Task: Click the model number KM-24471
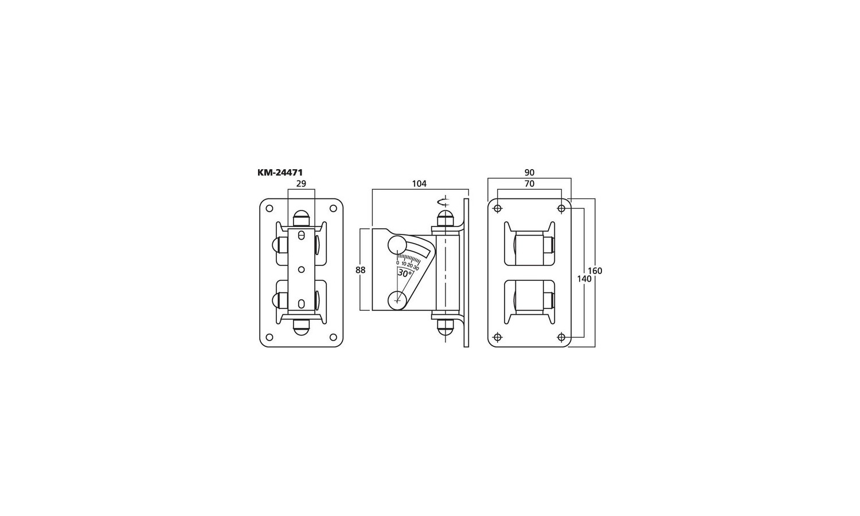[280, 173]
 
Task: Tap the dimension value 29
[302, 184]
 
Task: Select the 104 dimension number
[419, 184]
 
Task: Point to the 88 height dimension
[361, 270]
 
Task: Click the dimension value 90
[529, 173]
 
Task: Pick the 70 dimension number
[529, 184]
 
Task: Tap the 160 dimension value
[595, 271]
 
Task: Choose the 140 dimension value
[584, 279]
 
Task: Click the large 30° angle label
[405, 273]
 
